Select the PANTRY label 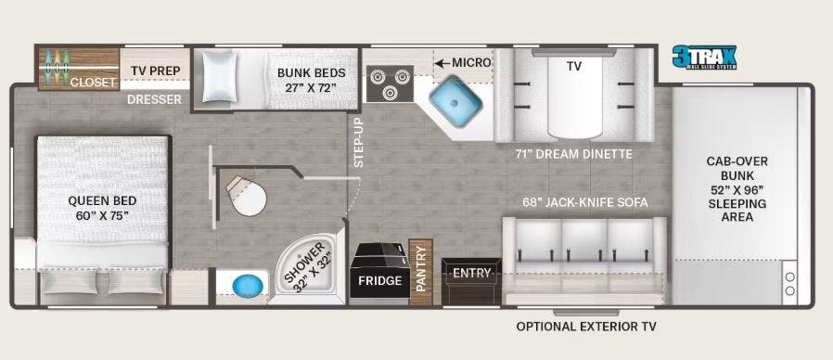click(420, 268)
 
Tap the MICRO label click(470, 62)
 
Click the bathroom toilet click(246, 195)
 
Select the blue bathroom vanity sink click(245, 284)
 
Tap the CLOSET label click(93, 83)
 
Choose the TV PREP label click(153, 71)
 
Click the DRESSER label click(154, 98)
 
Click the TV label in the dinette click(573, 66)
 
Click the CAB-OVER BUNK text click(737, 168)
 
